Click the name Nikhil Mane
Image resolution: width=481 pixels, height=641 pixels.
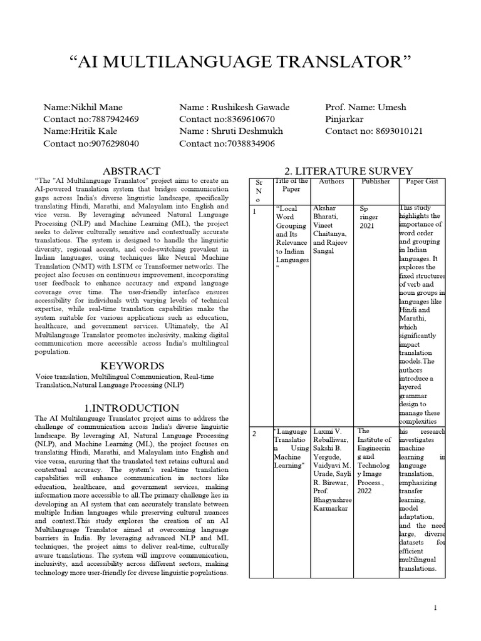coord(83,107)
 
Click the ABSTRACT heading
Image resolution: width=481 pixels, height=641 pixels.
coord(132,170)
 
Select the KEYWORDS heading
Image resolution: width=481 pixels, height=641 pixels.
coord(132,366)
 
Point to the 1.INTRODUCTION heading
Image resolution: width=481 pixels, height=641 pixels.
coord(132,408)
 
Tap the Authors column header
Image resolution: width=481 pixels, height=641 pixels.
coord(332,182)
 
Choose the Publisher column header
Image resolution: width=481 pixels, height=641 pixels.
coord(376,182)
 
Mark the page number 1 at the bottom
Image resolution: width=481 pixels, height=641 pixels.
coord(435,608)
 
